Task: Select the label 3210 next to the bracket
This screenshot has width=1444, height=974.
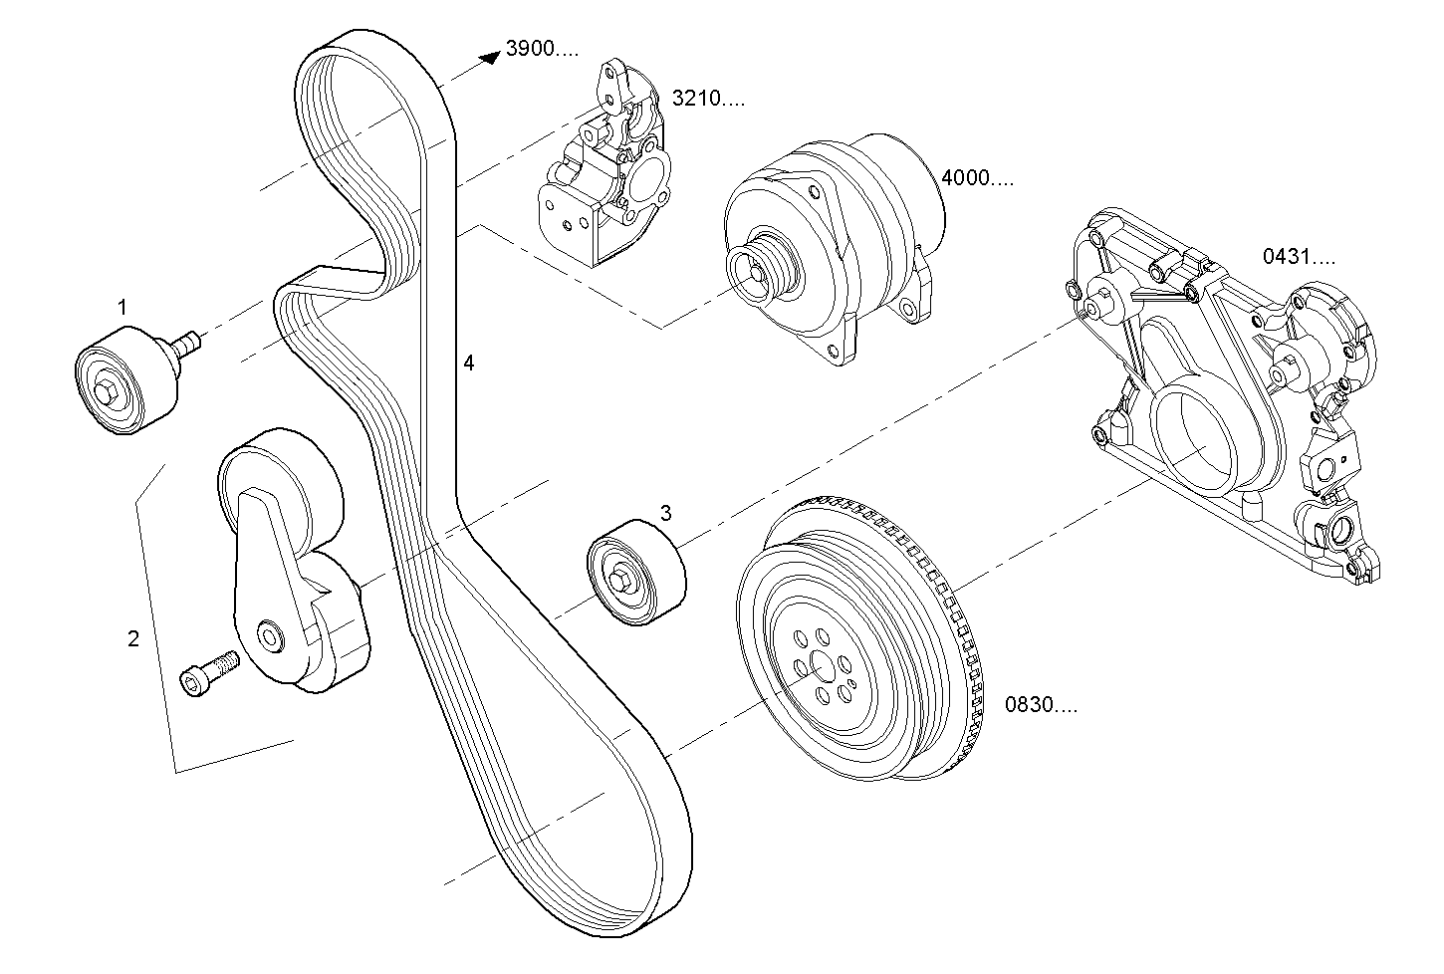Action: coord(707,98)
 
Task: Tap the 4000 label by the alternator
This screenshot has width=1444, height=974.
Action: coord(977,178)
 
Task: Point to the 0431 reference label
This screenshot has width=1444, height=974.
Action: coord(1299,257)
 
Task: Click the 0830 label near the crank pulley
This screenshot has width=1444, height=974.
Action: coord(1040,706)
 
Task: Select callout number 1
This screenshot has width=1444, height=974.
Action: coord(122,307)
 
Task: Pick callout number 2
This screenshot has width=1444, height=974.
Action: coord(133,638)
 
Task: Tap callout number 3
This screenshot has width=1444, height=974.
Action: coord(665,513)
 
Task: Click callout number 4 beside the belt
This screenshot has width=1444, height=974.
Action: coord(468,364)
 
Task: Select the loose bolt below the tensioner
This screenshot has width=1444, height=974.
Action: coord(207,672)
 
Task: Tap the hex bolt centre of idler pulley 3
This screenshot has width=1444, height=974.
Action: coord(619,581)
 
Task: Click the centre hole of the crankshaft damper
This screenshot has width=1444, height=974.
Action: coord(819,664)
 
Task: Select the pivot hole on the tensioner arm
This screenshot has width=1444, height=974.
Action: coord(268,634)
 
